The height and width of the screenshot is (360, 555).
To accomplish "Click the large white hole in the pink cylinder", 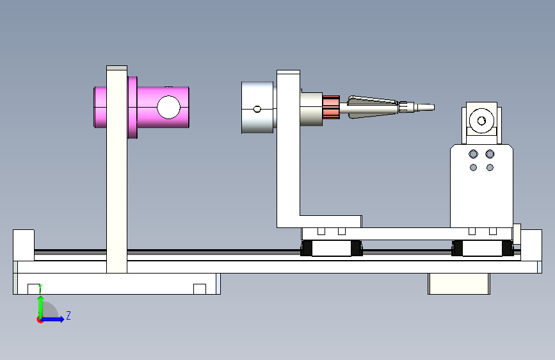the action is (x=168, y=107).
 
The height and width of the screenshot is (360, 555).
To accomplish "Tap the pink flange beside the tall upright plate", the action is (x=133, y=108).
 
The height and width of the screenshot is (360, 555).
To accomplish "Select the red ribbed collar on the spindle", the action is (x=331, y=107).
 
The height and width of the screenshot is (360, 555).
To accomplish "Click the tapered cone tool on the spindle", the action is (x=373, y=106).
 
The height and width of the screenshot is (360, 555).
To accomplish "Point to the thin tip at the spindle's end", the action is (x=426, y=107).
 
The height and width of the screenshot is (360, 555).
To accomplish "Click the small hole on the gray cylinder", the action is (x=257, y=109).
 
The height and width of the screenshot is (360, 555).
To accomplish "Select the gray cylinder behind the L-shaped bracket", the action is (x=258, y=108).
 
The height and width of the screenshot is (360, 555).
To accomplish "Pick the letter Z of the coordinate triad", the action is (x=68, y=315).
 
